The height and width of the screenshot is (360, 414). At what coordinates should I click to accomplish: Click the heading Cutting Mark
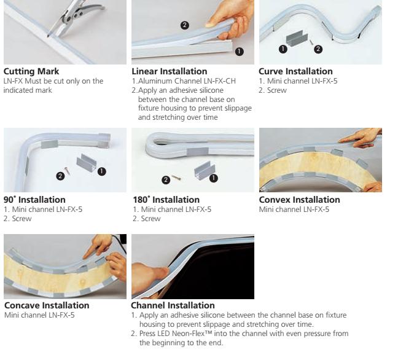pyautogui.click(x=31, y=71)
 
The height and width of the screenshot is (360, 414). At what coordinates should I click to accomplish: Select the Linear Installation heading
pyautogui.click(x=170, y=71)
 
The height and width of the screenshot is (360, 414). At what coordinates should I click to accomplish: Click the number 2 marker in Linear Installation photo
pyautogui.click(x=185, y=25)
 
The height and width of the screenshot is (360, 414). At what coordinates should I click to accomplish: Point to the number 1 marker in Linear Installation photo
pyautogui.click(x=239, y=52)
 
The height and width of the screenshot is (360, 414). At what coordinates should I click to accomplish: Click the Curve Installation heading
pyautogui.click(x=295, y=71)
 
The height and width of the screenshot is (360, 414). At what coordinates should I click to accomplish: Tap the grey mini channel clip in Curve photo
pyautogui.click(x=297, y=39)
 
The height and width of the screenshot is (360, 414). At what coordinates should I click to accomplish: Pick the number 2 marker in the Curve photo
pyautogui.click(x=318, y=49)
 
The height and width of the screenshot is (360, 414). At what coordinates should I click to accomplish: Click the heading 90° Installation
pyautogui.click(x=34, y=200)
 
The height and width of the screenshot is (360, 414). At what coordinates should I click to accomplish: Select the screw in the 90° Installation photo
pyautogui.click(x=68, y=171)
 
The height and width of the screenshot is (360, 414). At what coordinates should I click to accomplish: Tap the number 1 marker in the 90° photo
pyautogui.click(x=101, y=171)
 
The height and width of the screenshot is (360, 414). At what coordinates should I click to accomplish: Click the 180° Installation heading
pyautogui.click(x=166, y=200)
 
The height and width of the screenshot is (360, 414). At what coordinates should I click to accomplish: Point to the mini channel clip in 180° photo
pyautogui.click(x=205, y=171)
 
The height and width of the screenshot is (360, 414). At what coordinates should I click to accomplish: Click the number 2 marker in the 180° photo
pyautogui.click(x=166, y=180)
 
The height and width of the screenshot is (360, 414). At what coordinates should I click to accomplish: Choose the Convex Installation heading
pyautogui.click(x=299, y=200)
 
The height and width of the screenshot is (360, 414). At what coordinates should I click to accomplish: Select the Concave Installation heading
pyautogui.click(x=47, y=305)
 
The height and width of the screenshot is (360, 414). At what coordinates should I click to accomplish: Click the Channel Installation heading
pyautogui.click(x=173, y=305)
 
